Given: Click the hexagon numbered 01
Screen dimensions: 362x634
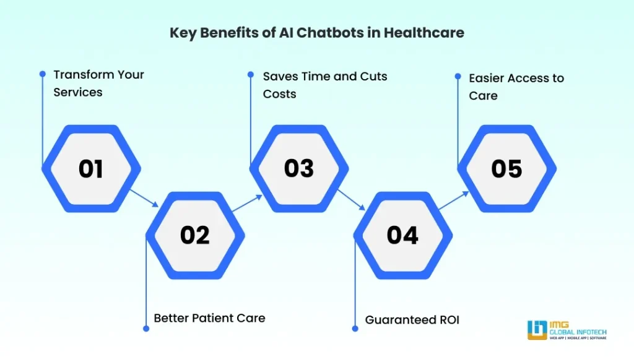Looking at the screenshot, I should coord(91,169).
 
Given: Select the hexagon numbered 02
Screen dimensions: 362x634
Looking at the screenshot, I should coord(195,235).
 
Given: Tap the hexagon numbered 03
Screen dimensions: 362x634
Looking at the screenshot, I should coord(299,169).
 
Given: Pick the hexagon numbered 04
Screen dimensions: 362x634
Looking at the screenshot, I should coord(403,235).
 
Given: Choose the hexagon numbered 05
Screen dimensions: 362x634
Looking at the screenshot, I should coord(506,169).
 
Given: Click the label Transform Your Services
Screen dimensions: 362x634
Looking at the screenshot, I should coord(98,83).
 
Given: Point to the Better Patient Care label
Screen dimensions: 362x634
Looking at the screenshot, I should coord(209,318).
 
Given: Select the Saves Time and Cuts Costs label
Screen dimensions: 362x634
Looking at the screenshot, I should coord(325,85).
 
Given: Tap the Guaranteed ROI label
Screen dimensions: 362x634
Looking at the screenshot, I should coord(412,319).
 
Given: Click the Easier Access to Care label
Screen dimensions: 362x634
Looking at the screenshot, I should coord(516,87).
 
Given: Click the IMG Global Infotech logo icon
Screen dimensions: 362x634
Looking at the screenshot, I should coord(536,330).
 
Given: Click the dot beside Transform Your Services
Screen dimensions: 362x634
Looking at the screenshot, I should coord(43,74).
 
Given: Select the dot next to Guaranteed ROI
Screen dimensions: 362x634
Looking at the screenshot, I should coord(355,328).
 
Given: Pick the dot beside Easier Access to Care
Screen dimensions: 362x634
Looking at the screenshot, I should coord(458,77).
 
